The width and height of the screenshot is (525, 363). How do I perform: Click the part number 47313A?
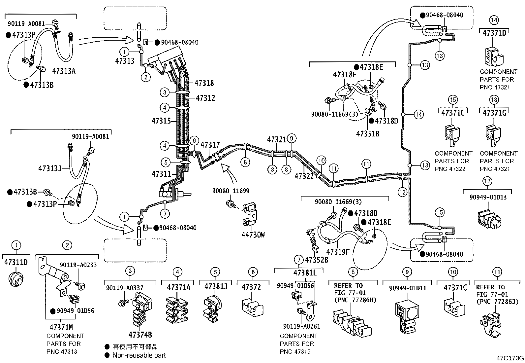point(64,71)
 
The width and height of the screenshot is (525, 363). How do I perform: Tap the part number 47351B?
point(367,134)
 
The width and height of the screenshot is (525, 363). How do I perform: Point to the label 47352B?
point(316,260)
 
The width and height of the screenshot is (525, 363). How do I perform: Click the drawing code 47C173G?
point(510,358)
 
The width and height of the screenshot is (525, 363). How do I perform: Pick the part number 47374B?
point(140,335)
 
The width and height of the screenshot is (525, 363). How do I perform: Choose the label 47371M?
point(61,327)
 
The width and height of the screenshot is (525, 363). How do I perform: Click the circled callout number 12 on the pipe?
point(402,192)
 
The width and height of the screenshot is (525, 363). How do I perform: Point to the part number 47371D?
point(494,33)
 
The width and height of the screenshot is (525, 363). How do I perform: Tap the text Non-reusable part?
point(139,355)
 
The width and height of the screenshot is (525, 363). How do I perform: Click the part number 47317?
point(210,145)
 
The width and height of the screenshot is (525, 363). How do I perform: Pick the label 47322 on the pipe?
point(304,176)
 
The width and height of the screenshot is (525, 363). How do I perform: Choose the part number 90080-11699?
point(231,191)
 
